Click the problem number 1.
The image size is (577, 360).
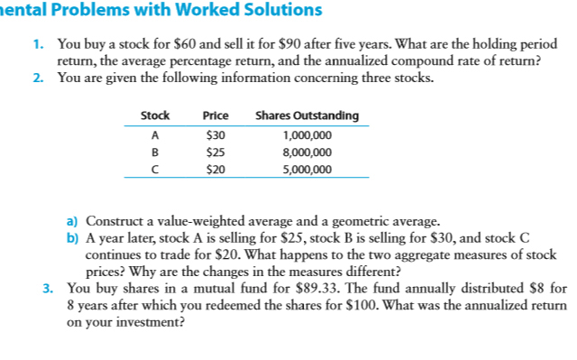coord(37,43)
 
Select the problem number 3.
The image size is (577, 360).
coord(46,290)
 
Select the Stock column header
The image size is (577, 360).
coord(156,115)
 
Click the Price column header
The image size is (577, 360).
coord(215,115)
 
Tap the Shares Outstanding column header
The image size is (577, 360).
coord(307,115)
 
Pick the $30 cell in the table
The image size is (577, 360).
coord(215,134)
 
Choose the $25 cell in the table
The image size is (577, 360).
coord(215,152)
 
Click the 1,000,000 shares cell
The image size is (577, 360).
coord(307,134)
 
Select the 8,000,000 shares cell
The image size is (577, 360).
coord(307,152)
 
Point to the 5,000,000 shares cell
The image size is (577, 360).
coord(307,169)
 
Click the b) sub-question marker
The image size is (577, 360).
coord(73,236)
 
